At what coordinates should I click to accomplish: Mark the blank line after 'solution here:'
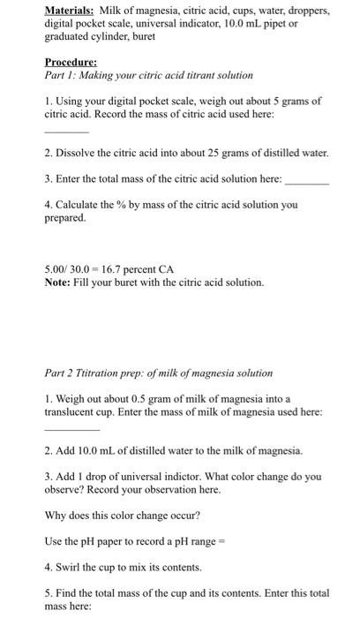tap(306, 179)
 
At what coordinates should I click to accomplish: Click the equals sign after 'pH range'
tap(221, 540)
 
